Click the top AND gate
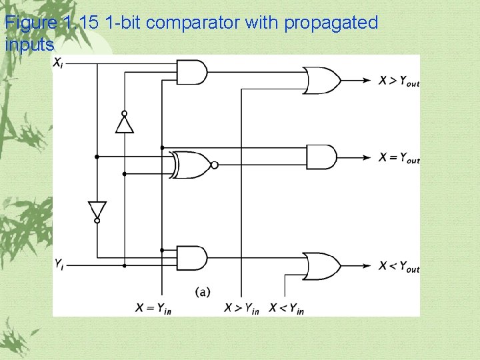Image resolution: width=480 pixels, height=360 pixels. point(192,71)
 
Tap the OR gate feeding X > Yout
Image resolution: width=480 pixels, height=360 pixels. point(322,80)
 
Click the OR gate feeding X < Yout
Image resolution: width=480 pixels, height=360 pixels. point(322,265)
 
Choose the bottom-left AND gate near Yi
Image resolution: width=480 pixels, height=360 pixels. point(192,258)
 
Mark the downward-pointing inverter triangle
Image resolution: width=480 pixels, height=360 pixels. point(97,210)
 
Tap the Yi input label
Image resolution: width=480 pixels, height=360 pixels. point(59,264)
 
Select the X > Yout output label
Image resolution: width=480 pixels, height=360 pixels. point(399,81)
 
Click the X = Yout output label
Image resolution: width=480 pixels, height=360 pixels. point(399,158)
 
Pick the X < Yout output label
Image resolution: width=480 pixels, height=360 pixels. point(399,267)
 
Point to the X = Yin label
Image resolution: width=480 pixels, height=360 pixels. point(153,308)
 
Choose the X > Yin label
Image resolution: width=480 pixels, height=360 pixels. point(241,308)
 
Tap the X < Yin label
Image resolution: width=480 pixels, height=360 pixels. point(287,308)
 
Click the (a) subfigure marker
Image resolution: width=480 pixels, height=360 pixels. point(203,291)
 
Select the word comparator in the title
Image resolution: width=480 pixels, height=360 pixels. point(193,23)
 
